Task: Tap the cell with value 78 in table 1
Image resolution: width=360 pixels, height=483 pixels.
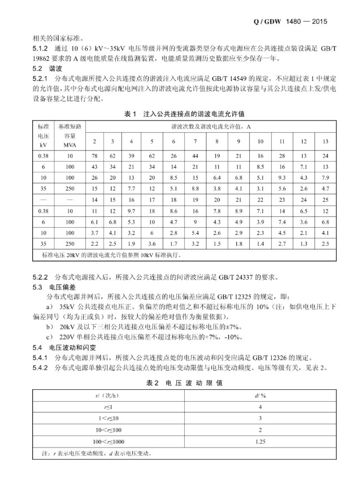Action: (94, 155)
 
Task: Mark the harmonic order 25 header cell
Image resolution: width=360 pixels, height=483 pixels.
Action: (324, 199)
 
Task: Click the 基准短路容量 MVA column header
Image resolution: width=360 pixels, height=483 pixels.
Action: (70, 136)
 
